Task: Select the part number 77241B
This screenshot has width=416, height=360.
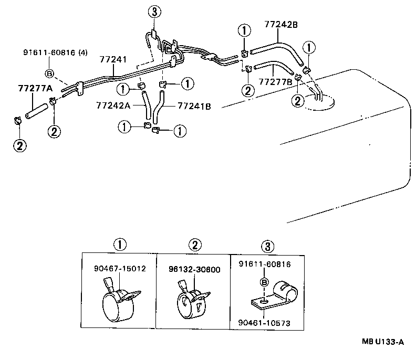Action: point(194,105)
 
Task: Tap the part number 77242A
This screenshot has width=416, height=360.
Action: point(112,105)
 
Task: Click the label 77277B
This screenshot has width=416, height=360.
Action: point(275,82)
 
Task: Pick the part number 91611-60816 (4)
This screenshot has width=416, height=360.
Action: point(55,52)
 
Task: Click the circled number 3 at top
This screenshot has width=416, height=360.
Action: point(153,11)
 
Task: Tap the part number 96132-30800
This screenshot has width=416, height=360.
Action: point(194,270)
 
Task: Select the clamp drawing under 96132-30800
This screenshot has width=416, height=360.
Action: point(193,302)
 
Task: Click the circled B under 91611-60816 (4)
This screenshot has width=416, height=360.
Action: point(49,73)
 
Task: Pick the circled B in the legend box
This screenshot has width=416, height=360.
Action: point(265,282)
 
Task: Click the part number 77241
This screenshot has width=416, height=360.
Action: point(115,60)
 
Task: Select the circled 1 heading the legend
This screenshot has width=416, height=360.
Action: point(119,244)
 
